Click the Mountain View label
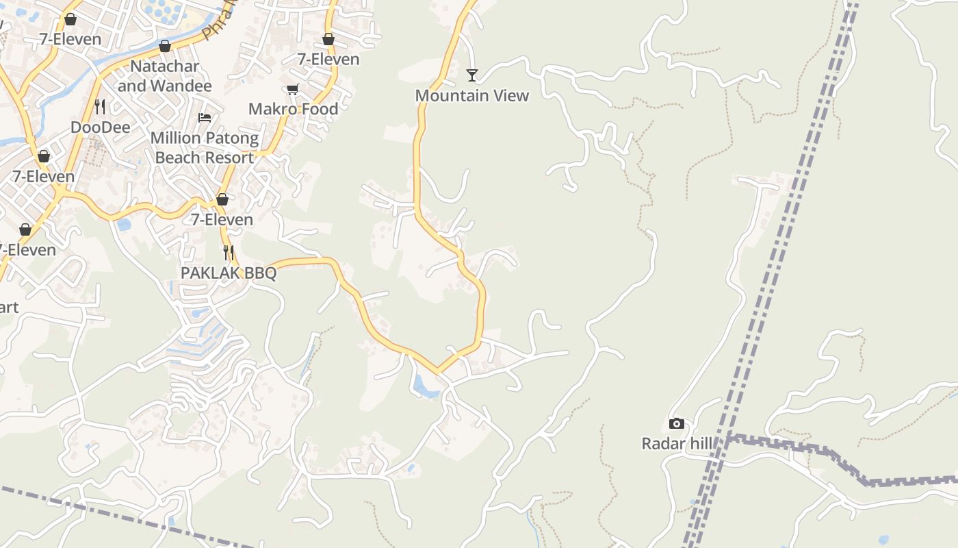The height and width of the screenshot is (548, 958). (x=472, y=96)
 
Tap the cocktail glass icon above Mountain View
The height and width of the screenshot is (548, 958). (x=472, y=74)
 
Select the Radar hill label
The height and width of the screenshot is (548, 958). (x=677, y=444)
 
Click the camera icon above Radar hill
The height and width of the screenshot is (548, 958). (x=677, y=424)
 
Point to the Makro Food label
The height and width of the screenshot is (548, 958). (x=293, y=109)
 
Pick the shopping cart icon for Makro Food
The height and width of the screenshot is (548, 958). (x=293, y=89)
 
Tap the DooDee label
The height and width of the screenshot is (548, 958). (x=100, y=127)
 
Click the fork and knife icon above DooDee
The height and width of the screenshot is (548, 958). (x=100, y=106)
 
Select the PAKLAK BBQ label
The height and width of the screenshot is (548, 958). (x=229, y=273)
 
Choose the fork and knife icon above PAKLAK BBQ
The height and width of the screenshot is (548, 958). (x=229, y=252)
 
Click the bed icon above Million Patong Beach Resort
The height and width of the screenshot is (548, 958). (x=205, y=117)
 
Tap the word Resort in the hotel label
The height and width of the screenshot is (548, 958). (x=229, y=158)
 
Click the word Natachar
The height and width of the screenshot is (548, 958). (x=165, y=66)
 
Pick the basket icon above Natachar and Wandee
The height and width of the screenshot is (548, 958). (x=164, y=46)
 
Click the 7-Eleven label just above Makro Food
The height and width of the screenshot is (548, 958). (x=328, y=60)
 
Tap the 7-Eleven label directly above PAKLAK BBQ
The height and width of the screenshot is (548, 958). (x=222, y=220)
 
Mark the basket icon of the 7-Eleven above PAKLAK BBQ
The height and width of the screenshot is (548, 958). (x=222, y=200)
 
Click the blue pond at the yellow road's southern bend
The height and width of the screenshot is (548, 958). (x=426, y=387)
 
